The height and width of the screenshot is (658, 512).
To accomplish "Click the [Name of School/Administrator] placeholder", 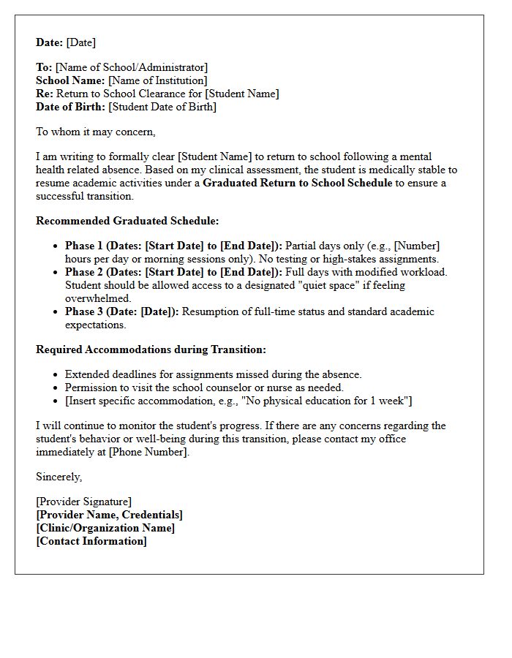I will pos(132,67).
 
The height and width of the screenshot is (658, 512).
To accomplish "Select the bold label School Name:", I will pos(70,80).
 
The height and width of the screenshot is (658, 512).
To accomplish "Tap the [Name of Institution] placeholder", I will pos(157,80).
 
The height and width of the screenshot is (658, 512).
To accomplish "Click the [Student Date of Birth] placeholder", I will pos(162,107).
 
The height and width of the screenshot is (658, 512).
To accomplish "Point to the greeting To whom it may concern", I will pos(95,132).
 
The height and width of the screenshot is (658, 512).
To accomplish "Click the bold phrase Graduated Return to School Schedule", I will pos(298,183).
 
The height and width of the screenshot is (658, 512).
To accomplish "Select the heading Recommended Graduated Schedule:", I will pos(127,221).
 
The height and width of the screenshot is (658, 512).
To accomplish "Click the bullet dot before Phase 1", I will pos(56,246).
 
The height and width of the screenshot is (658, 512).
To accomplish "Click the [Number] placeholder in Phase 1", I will pos(416,246).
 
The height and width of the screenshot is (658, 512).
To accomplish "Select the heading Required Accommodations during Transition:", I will pos(151,349).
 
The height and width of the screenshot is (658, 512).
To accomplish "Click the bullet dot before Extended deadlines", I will pos(56,375).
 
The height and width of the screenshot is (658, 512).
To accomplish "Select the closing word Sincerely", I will pos(59,477).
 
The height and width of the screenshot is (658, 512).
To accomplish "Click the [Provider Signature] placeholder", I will pos(83,502).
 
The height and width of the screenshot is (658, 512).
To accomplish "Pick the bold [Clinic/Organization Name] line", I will pos(105,528).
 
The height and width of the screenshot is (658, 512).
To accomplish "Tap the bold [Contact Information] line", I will pos(91,541).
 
